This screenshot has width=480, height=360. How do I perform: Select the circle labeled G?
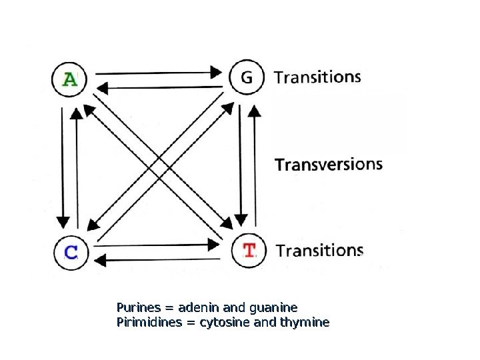coord(247,78)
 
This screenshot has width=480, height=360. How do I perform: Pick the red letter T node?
coord(249,251)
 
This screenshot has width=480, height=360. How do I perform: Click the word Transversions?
coord(329,164)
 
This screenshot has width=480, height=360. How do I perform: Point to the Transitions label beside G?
coord(317,77)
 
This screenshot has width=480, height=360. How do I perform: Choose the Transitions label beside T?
coord(319,251)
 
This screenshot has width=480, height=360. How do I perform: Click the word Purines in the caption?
coord(139,307)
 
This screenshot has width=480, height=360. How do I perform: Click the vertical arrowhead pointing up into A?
coord(77,114)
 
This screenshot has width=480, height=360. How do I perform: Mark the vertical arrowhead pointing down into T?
coord(241,218)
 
